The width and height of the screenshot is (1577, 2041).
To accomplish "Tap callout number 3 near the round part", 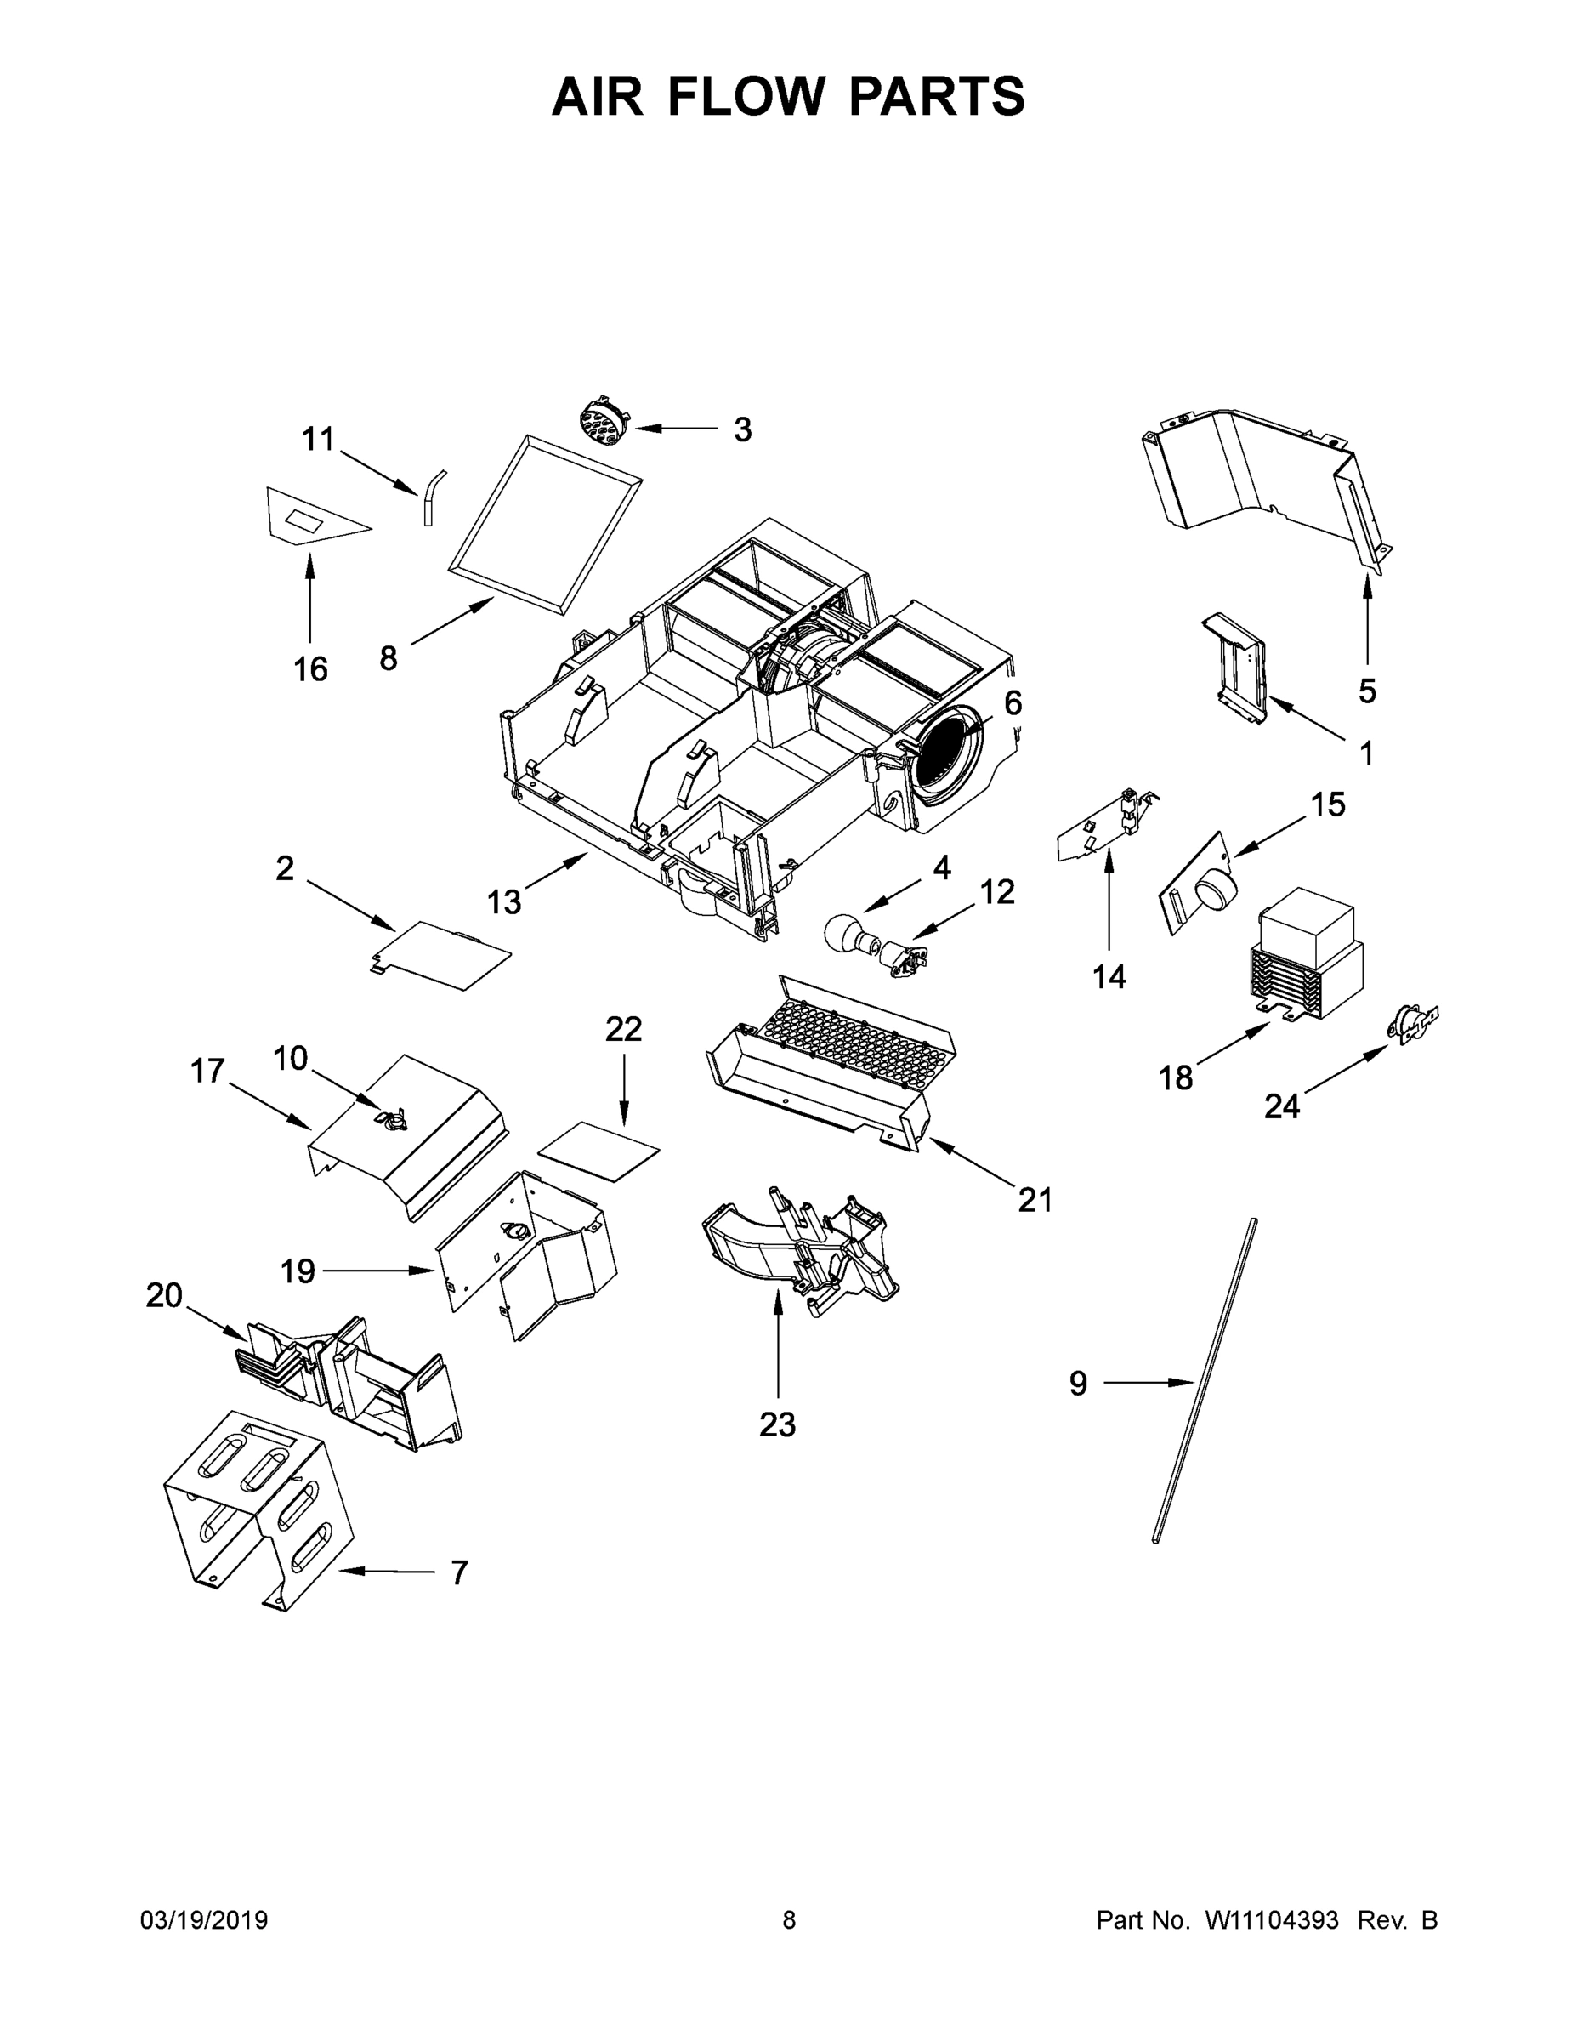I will pyautogui.click(x=742, y=429).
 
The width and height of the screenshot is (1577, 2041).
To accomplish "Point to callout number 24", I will pyautogui.click(x=1282, y=1107).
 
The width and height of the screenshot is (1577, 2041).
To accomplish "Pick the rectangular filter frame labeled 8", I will pyautogui.click(x=546, y=523).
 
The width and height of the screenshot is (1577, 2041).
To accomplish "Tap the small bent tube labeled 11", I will pyautogui.click(x=433, y=497).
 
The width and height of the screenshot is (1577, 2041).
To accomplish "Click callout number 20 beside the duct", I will pyautogui.click(x=164, y=1295).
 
